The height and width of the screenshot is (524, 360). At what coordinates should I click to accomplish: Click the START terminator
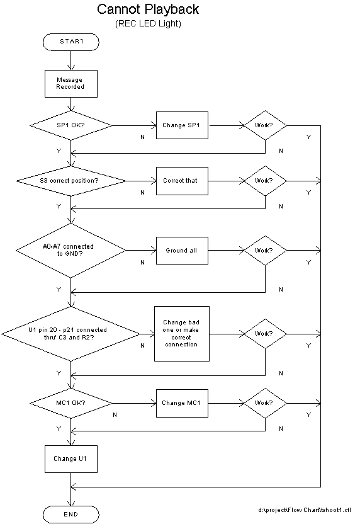[x=71, y=42]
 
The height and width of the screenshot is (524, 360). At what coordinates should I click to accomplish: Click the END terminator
[x=71, y=514]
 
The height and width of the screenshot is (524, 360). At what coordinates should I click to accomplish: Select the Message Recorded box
[x=71, y=84]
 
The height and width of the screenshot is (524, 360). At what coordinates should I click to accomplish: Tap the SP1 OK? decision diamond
[x=71, y=125]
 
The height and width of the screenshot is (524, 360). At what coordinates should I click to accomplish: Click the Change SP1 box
[x=182, y=125]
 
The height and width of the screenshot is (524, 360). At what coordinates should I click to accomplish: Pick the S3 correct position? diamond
[x=71, y=181]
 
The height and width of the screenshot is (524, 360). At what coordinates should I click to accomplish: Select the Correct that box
[x=182, y=181]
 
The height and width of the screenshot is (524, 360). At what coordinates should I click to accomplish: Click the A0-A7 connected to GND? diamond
[x=71, y=250]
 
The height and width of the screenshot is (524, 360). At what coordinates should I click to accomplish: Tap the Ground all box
[x=182, y=251]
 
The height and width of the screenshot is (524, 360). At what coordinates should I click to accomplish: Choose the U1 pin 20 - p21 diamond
[x=71, y=334]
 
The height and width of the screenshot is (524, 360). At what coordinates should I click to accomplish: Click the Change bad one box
[x=182, y=334]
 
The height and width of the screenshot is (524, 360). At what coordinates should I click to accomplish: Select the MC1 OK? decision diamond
[x=71, y=403]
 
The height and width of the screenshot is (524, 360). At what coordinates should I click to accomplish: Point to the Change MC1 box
[x=182, y=403]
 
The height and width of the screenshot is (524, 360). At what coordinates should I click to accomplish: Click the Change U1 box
[x=71, y=459]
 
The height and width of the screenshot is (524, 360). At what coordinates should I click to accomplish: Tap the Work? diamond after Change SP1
[x=265, y=125]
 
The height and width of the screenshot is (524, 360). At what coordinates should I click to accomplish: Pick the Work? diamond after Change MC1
[x=265, y=403]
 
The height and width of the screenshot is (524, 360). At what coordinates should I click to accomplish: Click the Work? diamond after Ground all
[x=265, y=250]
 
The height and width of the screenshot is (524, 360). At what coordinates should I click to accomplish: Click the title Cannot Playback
[x=148, y=9]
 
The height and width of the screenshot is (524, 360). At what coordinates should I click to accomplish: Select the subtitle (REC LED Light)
[x=148, y=24]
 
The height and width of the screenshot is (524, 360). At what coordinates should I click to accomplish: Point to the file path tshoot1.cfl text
[x=304, y=510]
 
